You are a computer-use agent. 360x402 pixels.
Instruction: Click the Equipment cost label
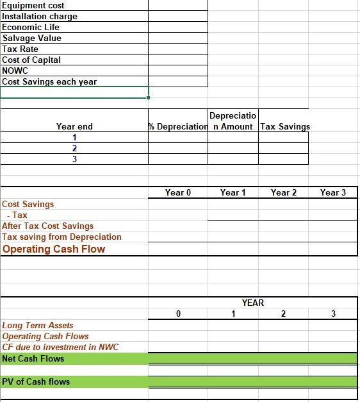[33, 6]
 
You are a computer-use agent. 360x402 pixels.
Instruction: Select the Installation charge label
[40, 16]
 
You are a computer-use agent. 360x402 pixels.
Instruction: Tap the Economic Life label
[31, 27]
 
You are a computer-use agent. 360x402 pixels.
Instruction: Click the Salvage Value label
[32, 38]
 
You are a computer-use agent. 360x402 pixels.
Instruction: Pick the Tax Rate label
[20, 49]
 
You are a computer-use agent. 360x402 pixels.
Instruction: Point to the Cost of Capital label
[31, 60]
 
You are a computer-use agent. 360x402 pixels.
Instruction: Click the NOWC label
[15, 71]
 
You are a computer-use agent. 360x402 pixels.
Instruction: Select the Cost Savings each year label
[49, 81]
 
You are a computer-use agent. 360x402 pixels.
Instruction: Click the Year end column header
[74, 126]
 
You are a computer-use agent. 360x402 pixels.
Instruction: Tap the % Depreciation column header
[178, 126]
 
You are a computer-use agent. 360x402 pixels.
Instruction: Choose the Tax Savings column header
[284, 126]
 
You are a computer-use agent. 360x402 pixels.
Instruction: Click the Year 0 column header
[178, 192]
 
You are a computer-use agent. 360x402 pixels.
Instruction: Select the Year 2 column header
[284, 192]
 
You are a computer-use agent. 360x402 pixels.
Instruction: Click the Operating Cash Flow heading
[54, 249]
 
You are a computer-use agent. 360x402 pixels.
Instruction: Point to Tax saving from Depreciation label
[61, 237]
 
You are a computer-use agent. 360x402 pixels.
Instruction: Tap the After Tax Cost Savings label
[48, 226]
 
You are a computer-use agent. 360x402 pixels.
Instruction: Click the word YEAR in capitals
[253, 303]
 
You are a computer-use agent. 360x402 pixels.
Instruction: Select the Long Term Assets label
[38, 325]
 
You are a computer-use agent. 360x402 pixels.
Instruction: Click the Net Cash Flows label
[33, 358]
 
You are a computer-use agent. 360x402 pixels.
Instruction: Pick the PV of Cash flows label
[36, 381]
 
